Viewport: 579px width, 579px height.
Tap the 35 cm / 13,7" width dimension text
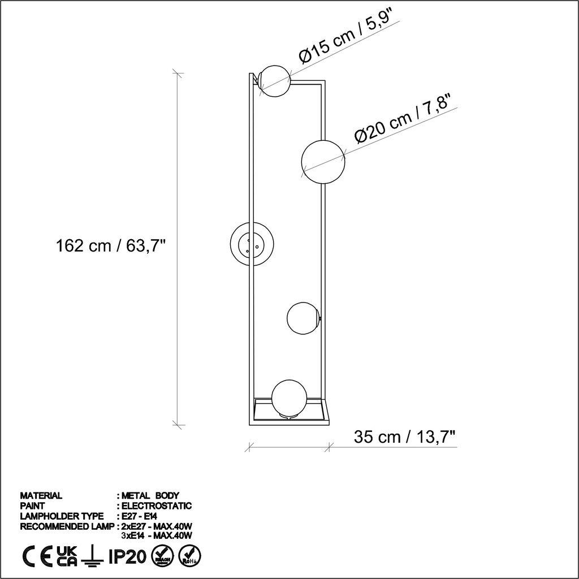coord(404,437)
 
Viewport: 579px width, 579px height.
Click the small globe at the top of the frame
coord(274,80)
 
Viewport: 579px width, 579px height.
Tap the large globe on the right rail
coord(323,161)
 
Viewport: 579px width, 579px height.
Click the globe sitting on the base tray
coord(289,399)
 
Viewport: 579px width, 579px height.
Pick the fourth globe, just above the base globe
coord(303,319)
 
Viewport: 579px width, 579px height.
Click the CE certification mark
coord(38,556)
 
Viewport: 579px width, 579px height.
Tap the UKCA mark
coord(67,556)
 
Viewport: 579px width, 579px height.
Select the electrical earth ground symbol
coord(89,557)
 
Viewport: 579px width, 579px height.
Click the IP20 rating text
coord(123,556)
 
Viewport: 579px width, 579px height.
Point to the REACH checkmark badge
coord(161,556)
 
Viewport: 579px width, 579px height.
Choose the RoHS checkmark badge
coord(188,556)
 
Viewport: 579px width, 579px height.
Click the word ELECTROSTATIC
coord(157,506)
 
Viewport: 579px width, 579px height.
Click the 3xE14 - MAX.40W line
coord(158,535)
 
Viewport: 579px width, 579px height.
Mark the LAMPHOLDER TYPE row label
coord(62,516)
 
